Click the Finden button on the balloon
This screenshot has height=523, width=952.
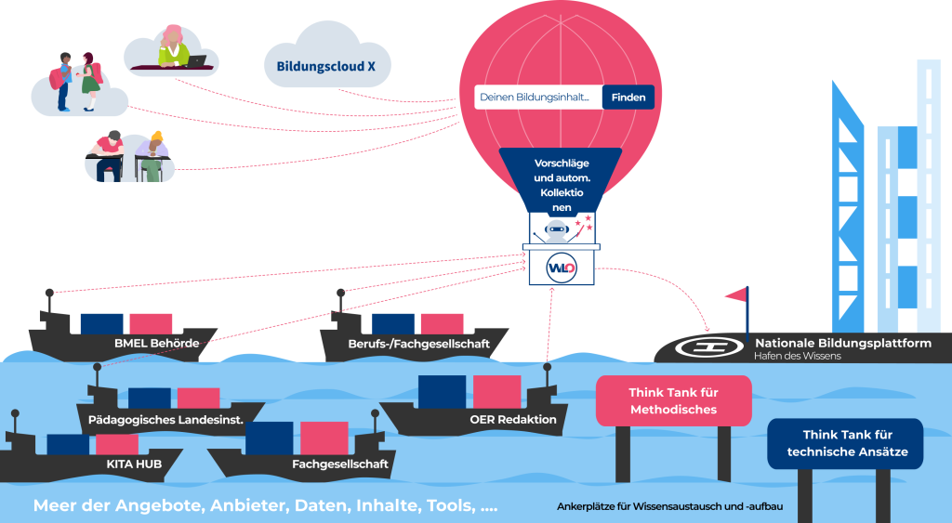click(628, 98)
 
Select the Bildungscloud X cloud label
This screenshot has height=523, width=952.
click(320, 67)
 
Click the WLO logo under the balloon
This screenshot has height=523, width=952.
click(562, 268)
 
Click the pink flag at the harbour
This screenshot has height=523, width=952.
click(736, 294)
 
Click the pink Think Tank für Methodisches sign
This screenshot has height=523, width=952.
click(672, 400)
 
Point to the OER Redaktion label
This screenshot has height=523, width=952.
click(513, 420)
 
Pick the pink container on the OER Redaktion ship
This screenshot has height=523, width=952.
click(496, 391)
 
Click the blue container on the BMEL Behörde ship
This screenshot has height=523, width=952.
click(101, 323)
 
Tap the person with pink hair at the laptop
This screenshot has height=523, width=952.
click(173, 46)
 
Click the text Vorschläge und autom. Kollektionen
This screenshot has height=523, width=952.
click(561, 186)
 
